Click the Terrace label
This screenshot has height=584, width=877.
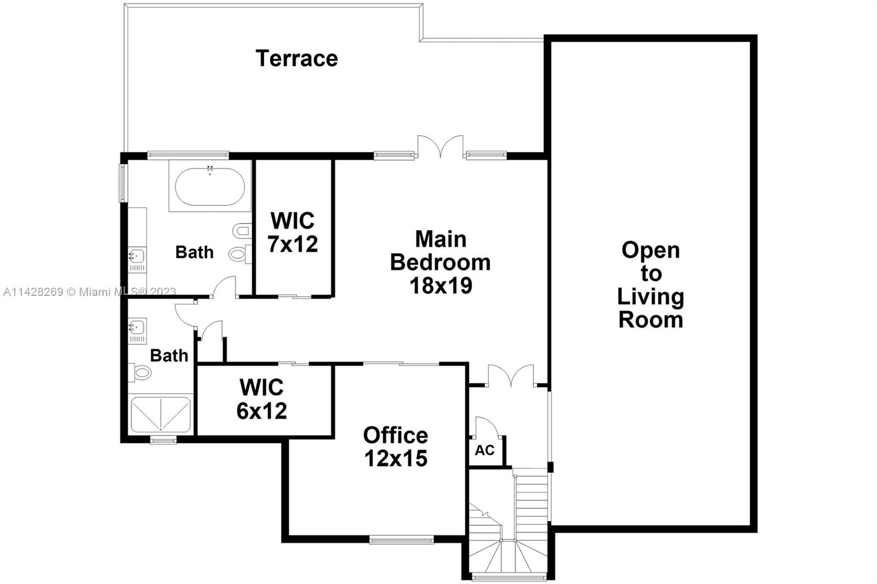[297, 58]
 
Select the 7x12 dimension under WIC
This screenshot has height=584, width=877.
[293, 244]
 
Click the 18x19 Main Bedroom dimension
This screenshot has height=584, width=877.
[441, 285]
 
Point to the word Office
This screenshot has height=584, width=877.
[395, 435]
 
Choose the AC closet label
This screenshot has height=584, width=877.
[485, 450]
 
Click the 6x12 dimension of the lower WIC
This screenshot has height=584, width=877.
[261, 411]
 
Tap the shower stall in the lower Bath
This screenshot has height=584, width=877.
[161, 414]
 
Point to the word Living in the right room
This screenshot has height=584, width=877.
[651, 296]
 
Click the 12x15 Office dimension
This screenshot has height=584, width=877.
[396, 458]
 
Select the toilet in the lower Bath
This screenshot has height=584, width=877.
[141, 373]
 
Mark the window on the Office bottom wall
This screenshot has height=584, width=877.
[401, 540]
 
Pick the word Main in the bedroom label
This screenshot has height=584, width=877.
[441, 239]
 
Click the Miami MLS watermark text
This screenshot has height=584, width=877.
[89, 292]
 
